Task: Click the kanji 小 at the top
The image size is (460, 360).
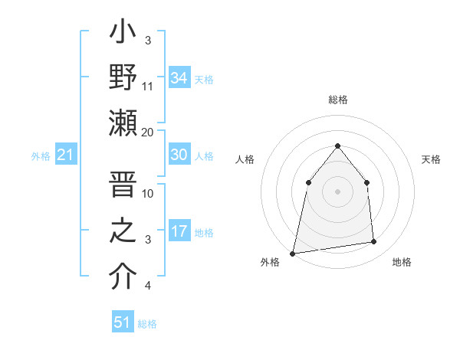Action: [123, 35]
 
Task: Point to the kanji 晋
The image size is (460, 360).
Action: [123, 186]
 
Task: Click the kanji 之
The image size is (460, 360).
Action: [123, 232]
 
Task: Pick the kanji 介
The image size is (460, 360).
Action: [123, 277]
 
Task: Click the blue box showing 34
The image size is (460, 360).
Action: [179, 78]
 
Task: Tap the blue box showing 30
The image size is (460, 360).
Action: [179, 155]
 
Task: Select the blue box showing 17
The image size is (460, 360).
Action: [179, 231]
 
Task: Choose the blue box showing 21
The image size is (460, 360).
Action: [66, 155]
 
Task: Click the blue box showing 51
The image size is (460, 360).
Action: [123, 322]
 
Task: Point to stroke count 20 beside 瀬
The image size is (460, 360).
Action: [148, 132]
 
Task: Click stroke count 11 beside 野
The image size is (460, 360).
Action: [148, 87]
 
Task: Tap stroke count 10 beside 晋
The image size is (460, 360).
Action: [148, 193]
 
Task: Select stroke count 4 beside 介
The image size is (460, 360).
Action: [148, 286]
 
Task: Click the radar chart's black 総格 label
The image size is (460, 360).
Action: [337, 100]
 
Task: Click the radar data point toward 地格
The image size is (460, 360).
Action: [373, 242]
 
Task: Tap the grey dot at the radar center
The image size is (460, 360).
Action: [337, 191]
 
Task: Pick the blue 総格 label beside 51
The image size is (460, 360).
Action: [147, 324]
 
